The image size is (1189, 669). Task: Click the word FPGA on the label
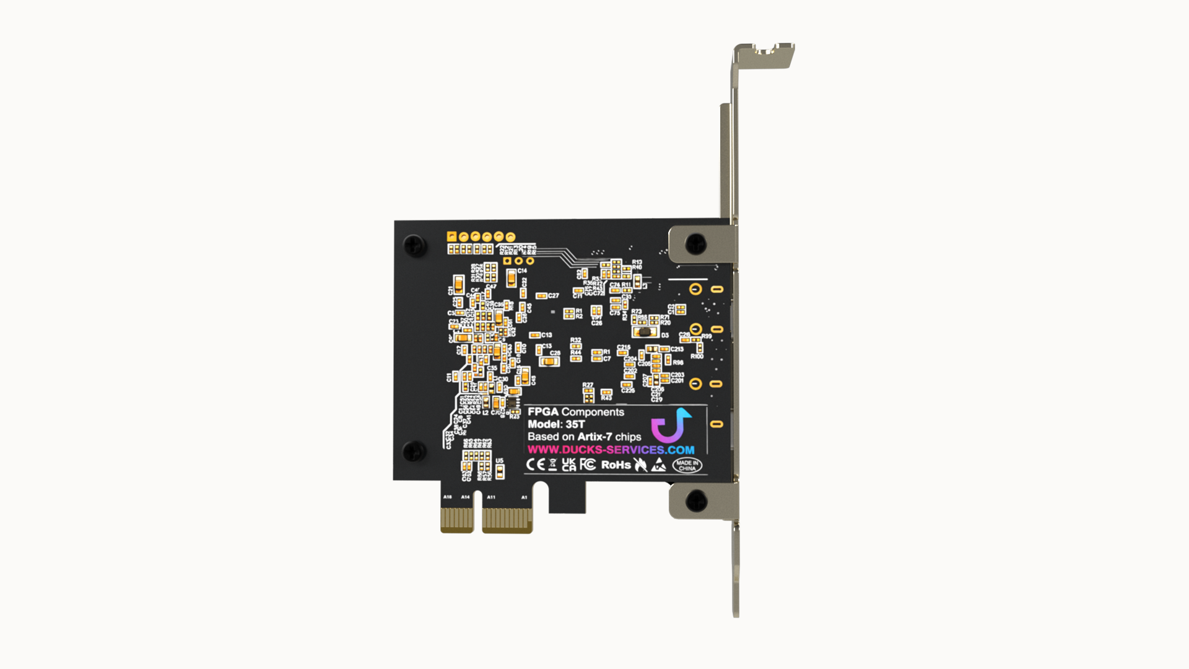coord(542,412)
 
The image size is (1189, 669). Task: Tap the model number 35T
coord(575,424)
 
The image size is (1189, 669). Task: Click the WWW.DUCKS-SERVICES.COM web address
coord(611,450)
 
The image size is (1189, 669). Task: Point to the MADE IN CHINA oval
coord(687,465)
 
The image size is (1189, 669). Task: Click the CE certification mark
coord(535,465)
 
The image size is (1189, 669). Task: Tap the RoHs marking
coord(616,465)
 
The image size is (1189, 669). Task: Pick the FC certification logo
coord(588,465)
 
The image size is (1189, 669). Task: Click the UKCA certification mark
coord(568,465)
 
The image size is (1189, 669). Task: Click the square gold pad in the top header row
coord(451,237)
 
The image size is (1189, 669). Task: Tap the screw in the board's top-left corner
coord(414,245)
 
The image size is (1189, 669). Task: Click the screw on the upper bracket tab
coord(695,243)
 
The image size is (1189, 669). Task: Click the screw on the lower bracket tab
coord(696,501)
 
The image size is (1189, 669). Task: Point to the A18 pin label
coord(447,497)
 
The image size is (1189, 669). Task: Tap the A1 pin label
coord(524,497)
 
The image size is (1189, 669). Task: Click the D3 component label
coord(664,335)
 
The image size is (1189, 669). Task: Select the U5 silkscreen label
coord(499,461)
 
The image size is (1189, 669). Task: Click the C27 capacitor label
coord(553,295)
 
